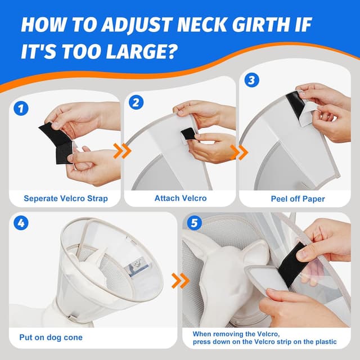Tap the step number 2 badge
pos(136,103)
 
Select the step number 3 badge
pos(251,80)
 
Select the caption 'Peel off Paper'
pos(294,198)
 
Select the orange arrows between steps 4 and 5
pos(180,280)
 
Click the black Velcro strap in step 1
pos(56,142)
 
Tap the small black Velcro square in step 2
pos(188,134)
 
